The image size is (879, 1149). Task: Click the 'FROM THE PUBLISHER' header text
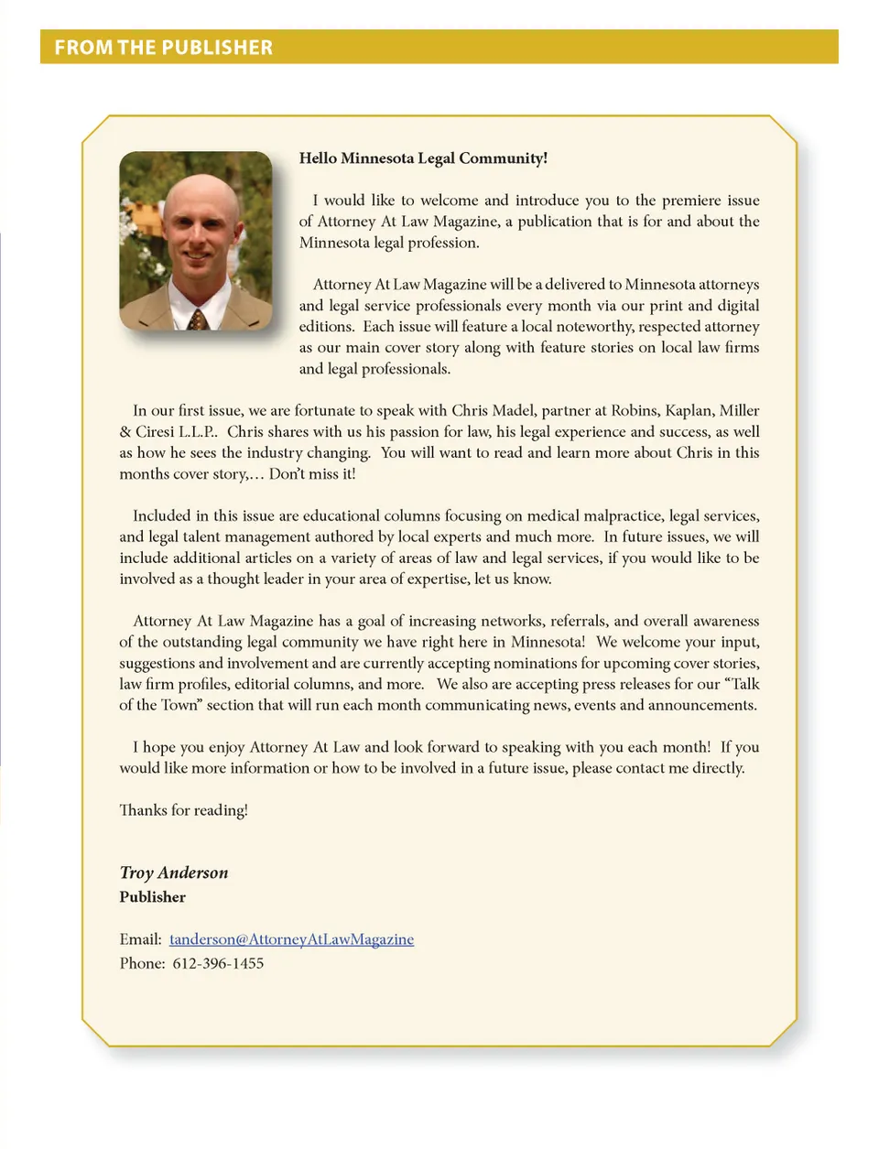[163, 48]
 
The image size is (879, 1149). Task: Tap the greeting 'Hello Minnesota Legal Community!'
[423, 158]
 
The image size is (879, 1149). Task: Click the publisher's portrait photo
[196, 241]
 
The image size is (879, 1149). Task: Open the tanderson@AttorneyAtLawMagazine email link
[291, 939]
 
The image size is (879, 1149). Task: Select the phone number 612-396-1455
[218, 963]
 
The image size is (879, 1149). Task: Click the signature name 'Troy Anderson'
[174, 873]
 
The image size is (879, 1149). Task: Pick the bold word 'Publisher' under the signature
[152, 897]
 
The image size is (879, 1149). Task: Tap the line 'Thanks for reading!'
[183, 810]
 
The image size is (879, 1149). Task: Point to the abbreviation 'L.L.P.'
[199, 431]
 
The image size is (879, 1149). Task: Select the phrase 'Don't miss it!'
[312, 473]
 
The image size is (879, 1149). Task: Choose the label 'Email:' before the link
[140, 939]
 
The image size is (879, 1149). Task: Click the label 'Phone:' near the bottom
[142, 963]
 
